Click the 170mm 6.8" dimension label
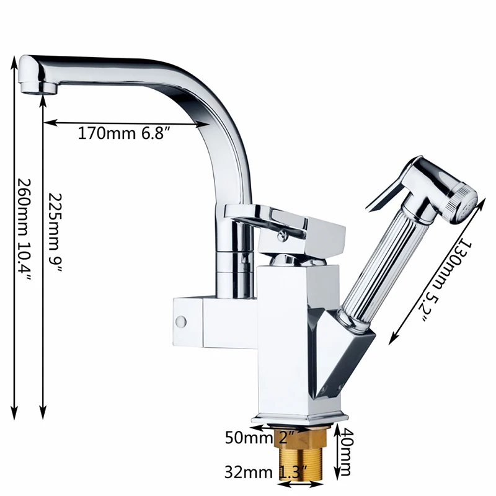point(123,133)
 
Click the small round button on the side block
point(182,321)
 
